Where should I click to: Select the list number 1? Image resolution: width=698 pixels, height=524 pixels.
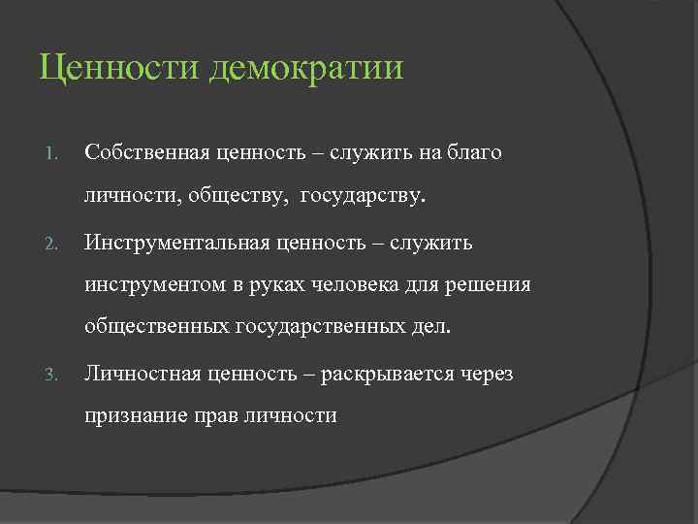(x=54, y=153)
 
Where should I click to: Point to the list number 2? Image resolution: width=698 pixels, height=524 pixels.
(x=54, y=243)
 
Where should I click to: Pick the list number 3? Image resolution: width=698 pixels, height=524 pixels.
(x=54, y=373)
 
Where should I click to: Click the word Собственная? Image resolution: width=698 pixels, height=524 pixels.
(x=147, y=153)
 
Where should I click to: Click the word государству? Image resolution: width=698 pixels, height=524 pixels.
(x=363, y=197)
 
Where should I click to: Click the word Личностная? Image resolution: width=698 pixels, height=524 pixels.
(x=138, y=372)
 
